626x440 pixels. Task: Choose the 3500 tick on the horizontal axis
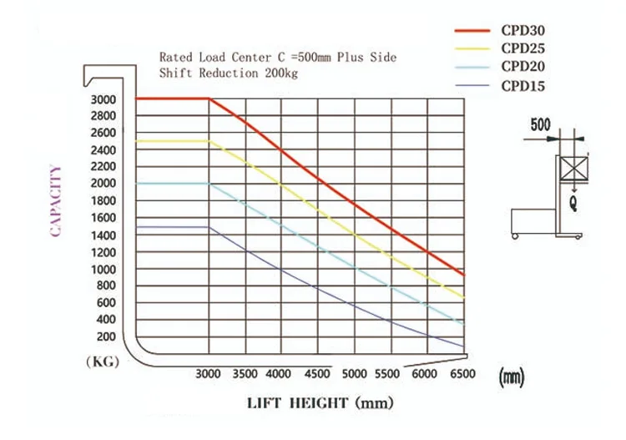(x=245, y=375)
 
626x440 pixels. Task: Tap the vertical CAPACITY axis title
(x=57, y=201)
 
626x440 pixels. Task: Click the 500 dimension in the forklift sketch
(x=541, y=126)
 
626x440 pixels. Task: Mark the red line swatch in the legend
(x=473, y=31)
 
